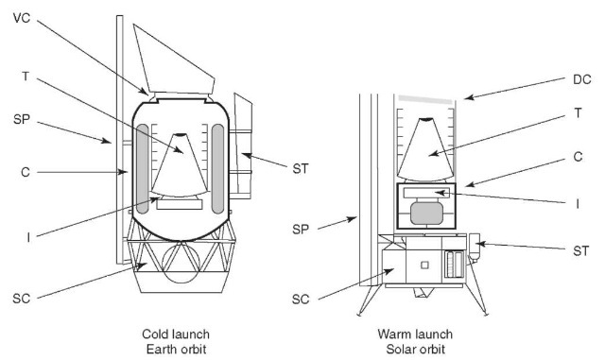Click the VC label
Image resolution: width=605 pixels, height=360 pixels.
(x=21, y=18)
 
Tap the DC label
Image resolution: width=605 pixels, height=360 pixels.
(x=582, y=80)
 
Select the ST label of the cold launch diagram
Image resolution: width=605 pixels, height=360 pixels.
(x=301, y=168)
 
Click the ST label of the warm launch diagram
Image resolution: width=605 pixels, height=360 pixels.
(x=581, y=251)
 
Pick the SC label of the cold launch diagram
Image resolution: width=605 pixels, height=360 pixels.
(x=21, y=299)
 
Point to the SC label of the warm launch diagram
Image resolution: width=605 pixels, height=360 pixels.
(x=301, y=300)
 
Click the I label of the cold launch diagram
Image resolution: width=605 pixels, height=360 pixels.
(x=28, y=238)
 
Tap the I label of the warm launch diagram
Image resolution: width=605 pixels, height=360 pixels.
(x=578, y=204)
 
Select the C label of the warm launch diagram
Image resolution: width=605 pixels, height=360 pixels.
(x=578, y=157)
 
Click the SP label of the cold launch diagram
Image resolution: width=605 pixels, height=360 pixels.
(x=21, y=119)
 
